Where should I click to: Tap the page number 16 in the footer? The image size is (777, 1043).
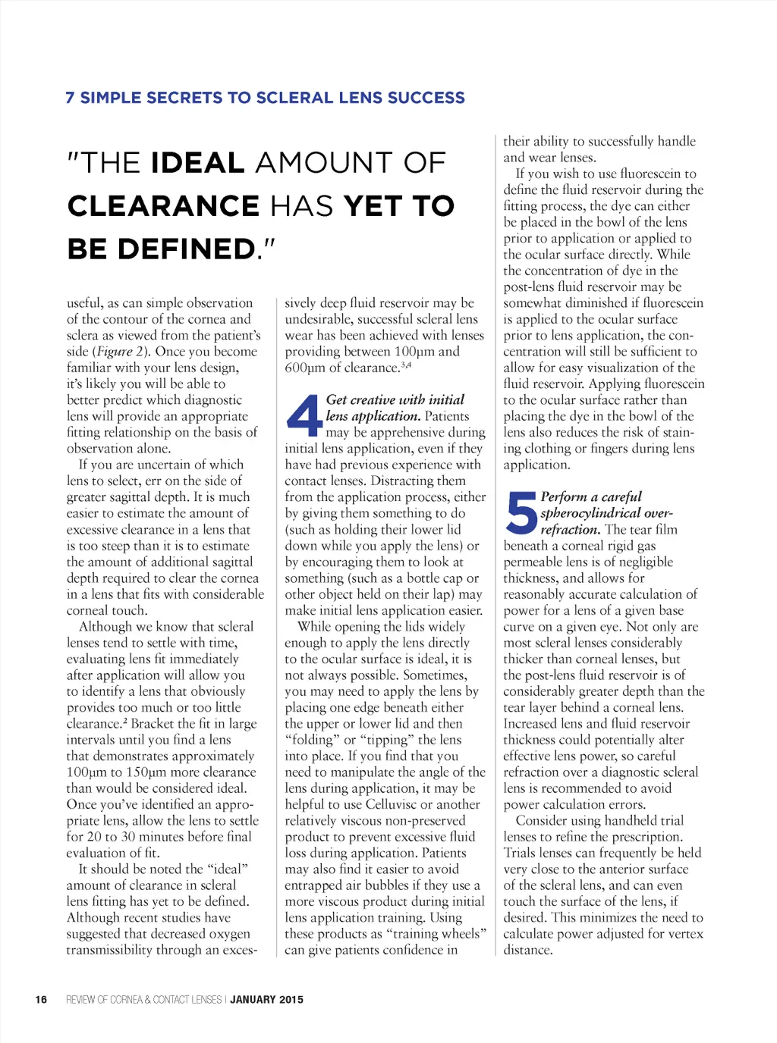[41, 999]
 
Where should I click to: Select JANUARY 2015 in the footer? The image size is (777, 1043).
[266, 999]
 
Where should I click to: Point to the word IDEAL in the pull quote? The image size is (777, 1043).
[197, 163]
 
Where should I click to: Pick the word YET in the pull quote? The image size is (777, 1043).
[371, 206]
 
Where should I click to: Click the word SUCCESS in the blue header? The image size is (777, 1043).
[426, 98]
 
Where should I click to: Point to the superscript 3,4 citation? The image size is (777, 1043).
[406, 365]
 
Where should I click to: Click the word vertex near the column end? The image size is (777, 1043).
[684, 934]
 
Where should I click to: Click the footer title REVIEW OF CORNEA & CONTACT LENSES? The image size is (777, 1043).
[143, 999]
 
